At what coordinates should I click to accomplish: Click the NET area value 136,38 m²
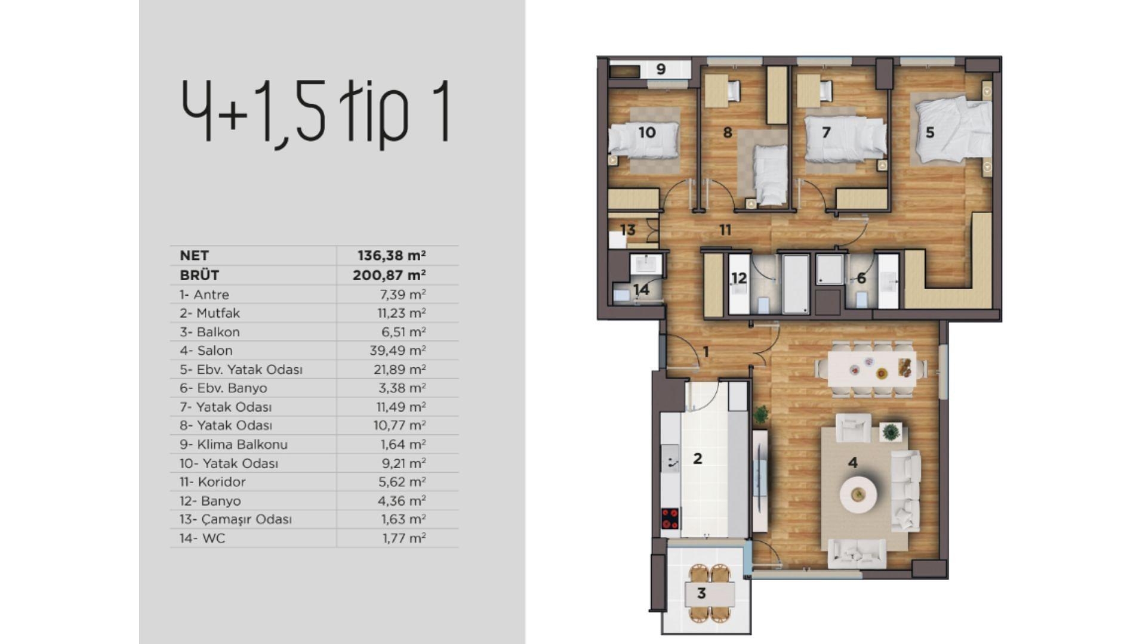pyautogui.click(x=391, y=256)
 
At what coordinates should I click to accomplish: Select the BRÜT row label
pyautogui.click(x=199, y=275)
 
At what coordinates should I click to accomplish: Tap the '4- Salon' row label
pyautogui.click(x=206, y=351)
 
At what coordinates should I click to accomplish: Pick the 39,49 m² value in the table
pyautogui.click(x=397, y=351)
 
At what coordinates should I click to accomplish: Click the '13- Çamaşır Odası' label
pyautogui.click(x=236, y=519)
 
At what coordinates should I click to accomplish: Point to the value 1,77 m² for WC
pyautogui.click(x=403, y=538)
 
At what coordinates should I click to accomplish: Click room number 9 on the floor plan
pyautogui.click(x=661, y=69)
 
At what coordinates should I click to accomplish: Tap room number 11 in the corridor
pyautogui.click(x=725, y=230)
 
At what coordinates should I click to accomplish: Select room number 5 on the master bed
pyautogui.click(x=930, y=132)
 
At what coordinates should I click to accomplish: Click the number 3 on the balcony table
pyautogui.click(x=701, y=593)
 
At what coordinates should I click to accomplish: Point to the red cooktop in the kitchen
pyautogui.click(x=670, y=518)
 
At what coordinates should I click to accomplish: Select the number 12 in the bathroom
pyautogui.click(x=739, y=278)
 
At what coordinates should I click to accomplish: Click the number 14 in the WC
pyautogui.click(x=641, y=290)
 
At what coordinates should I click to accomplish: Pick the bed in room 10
pyautogui.click(x=643, y=141)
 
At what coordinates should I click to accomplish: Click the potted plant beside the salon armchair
pyautogui.click(x=891, y=432)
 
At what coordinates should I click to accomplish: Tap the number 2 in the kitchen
pyautogui.click(x=697, y=459)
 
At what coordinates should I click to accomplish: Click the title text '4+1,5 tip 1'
pyautogui.click(x=315, y=112)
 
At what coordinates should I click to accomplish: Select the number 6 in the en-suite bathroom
pyautogui.click(x=861, y=278)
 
